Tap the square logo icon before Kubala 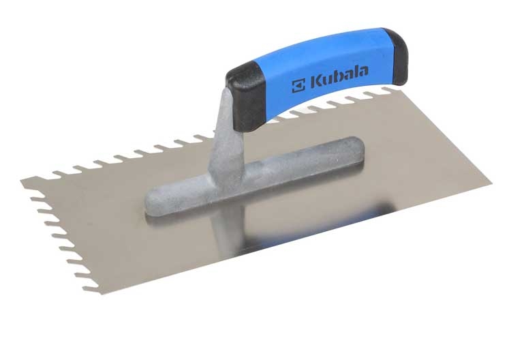tap(298, 86)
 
